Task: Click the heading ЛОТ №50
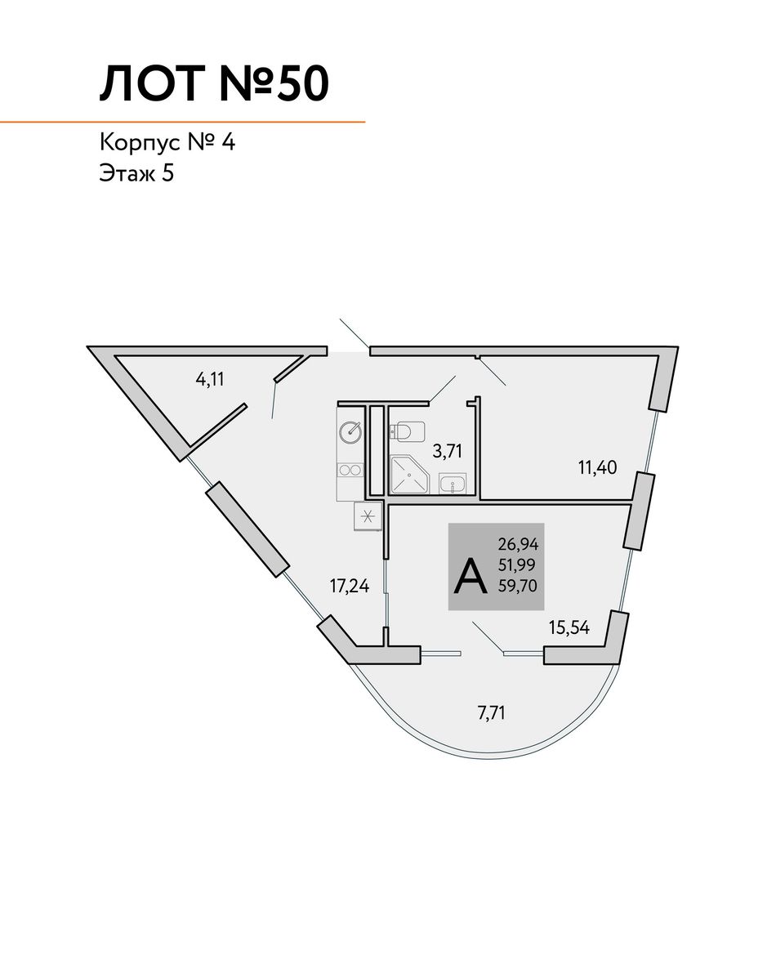click(x=214, y=83)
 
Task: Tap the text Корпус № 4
click(x=167, y=143)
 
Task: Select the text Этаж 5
click(x=136, y=173)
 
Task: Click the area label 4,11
click(x=210, y=378)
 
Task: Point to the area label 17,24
click(x=350, y=585)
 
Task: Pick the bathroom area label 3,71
click(x=448, y=450)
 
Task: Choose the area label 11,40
click(x=597, y=467)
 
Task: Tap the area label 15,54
click(x=569, y=627)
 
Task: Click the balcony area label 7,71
click(x=491, y=713)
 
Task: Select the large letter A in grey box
click(x=471, y=577)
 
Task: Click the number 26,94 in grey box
click(x=518, y=544)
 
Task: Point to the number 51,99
click(x=517, y=565)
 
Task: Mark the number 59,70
click(x=517, y=585)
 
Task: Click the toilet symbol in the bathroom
click(x=408, y=431)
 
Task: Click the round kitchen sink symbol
click(x=350, y=432)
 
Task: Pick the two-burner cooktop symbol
click(x=350, y=471)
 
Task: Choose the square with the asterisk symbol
click(x=368, y=516)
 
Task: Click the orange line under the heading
click(x=182, y=123)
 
